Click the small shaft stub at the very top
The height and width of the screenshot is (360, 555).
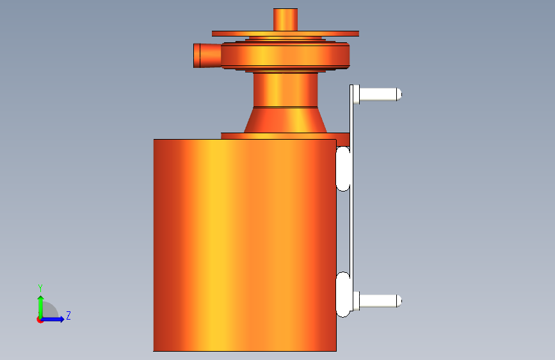point(286,19)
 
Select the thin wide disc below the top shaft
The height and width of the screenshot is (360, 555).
point(286,34)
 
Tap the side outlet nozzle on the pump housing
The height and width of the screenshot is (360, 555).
point(207,55)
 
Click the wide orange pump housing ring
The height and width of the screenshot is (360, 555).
point(286,55)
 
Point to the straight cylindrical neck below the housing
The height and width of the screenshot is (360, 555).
point(286,90)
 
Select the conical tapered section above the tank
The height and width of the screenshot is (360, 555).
point(286,120)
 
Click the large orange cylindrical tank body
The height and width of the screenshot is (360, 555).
point(245,245)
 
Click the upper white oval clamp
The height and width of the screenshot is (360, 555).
point(342,168)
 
